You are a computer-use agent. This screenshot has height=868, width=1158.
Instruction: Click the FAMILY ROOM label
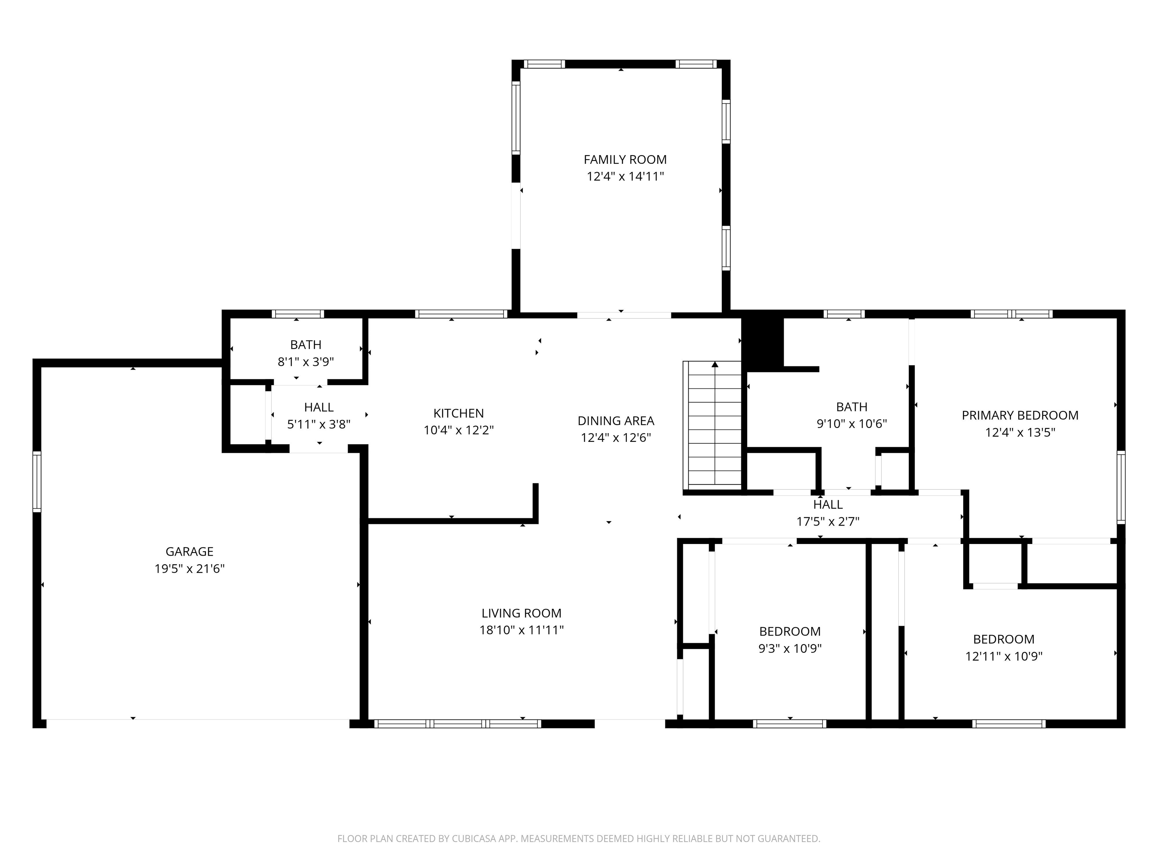point(625,160)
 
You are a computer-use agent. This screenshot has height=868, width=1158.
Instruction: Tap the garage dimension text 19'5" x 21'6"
point(190,569)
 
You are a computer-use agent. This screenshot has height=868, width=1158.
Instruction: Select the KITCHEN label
point(459,413)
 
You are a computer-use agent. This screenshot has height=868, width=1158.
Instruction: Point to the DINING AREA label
point(616,421)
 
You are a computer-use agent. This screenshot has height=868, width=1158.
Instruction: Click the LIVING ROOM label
point(521,613)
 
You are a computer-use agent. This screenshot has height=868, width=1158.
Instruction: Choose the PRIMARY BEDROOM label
point(1020,416)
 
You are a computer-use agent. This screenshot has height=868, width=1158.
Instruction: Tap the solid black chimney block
point(763,343)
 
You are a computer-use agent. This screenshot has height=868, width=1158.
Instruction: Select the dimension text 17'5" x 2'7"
point(828,522)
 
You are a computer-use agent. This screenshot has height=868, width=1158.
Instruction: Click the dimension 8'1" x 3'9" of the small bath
point(306,362)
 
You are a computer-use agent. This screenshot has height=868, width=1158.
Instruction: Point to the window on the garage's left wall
point(37,481)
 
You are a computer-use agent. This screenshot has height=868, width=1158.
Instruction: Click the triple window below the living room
point(458,724)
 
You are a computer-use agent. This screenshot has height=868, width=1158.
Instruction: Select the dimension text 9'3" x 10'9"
point(790,649)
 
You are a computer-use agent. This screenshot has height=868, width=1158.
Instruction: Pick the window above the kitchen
point(461,314)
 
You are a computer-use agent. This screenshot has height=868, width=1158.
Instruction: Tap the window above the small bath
point(298,314)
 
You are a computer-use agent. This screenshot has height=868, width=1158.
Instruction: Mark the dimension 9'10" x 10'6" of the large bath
point(852,424)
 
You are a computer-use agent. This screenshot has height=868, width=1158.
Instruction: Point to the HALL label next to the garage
point(319,407)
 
